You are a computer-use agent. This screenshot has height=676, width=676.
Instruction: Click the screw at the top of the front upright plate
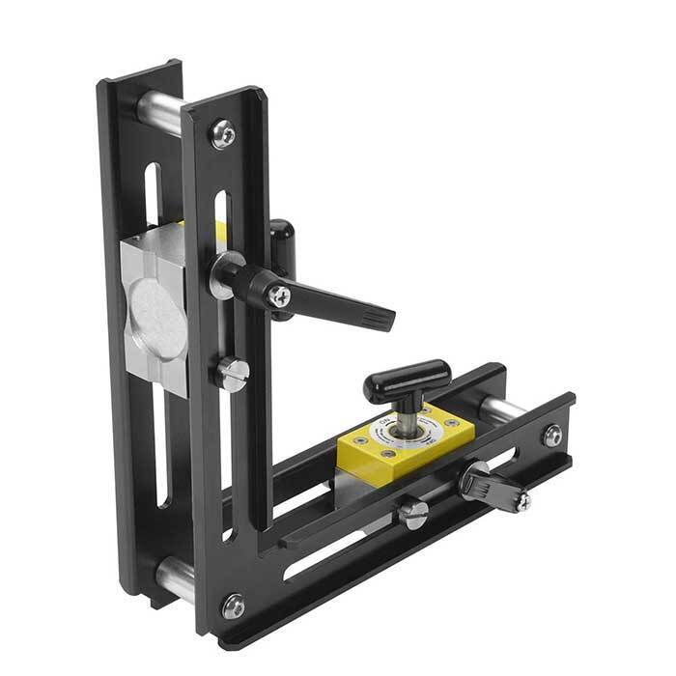click(x=223, y=133)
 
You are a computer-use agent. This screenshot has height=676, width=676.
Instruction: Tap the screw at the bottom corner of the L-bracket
click(x=233, y=606)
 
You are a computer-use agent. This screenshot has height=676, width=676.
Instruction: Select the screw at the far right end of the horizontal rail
click(x=552, y=436)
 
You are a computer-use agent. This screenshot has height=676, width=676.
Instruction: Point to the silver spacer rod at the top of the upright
click(x=158, y=112)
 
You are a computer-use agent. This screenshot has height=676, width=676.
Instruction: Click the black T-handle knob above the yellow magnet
click(x=407, y=380)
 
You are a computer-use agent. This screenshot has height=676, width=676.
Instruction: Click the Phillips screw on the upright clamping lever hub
click(x=279, y=296)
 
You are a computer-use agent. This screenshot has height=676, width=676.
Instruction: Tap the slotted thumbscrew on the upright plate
click(x=232, y=373)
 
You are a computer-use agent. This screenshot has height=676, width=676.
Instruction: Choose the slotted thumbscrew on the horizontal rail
click(x=412, y=512)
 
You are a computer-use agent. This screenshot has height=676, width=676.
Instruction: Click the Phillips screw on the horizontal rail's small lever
click(x=521, y=500)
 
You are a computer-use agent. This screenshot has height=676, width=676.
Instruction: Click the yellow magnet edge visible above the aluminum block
click(x=218, y=228)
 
